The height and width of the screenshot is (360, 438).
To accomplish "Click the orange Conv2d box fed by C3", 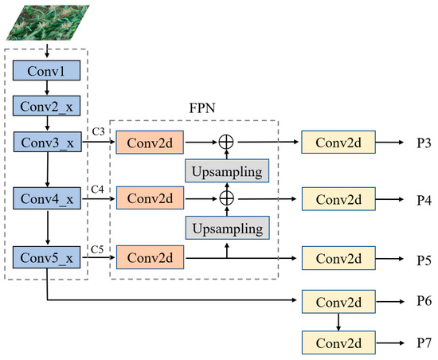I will point(151,143).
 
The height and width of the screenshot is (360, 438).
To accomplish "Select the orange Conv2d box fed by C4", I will point(151,196).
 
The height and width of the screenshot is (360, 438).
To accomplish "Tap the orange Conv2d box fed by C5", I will point(151,256).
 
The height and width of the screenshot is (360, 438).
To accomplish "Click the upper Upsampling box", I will point(227,170).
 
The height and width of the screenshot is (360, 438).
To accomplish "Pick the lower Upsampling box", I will point(227,227).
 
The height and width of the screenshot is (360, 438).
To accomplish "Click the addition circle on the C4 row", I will point(227,196).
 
